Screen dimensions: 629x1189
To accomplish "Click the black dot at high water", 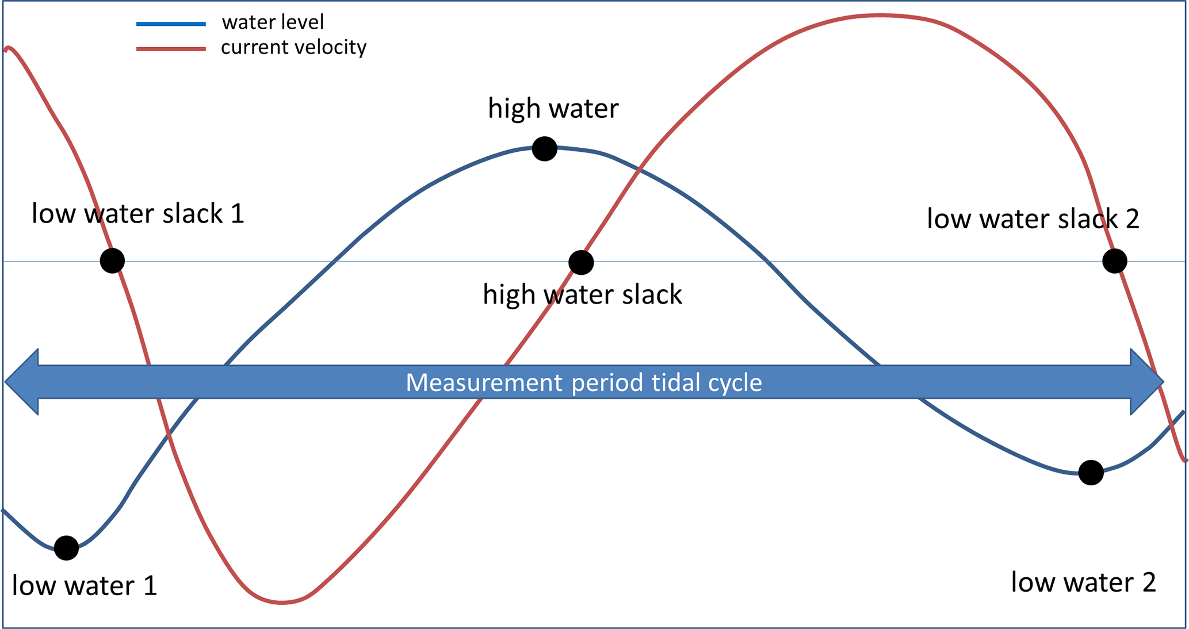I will click(544, 149).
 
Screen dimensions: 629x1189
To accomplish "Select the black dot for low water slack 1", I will click(112, 260).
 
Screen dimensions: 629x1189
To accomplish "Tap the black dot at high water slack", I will click(581, 263).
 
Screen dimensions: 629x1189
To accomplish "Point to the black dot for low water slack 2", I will click(1114, 261).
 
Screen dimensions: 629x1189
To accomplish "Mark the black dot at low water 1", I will click(66, 548).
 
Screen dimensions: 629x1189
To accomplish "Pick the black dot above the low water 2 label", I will click(1091, 473).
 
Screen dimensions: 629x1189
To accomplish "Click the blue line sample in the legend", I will click(171, 24).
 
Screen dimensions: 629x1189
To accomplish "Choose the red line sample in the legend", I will click(171, 49).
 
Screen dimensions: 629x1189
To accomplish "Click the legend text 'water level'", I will click(273, 22).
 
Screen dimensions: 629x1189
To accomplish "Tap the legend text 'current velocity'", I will click(293, 47).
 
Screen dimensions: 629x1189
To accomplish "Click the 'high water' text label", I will click(553, 108).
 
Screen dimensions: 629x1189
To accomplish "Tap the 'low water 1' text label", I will click(84, 585).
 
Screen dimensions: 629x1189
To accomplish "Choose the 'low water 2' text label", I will click(1083, 582).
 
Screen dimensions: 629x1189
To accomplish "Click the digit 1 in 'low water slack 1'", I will click(238, 214).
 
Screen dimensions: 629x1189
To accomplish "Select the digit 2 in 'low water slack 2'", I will click(1131, 219).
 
